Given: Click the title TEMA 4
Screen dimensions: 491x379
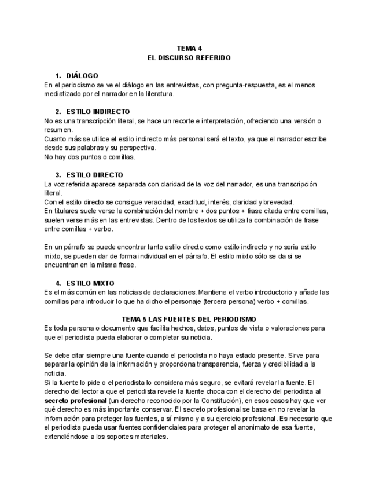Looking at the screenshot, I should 189,49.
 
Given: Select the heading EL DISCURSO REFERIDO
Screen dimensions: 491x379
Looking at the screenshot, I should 189,58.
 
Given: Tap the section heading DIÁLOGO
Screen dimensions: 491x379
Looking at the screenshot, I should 82,76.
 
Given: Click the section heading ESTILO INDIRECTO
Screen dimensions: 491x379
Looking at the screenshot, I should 98,111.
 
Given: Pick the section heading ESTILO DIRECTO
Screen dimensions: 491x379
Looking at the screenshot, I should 94,175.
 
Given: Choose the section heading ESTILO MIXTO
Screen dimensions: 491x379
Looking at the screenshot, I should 90,283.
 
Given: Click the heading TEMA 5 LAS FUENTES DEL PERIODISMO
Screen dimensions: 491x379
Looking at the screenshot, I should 189,319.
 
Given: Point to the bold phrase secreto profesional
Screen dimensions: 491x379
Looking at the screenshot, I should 75,400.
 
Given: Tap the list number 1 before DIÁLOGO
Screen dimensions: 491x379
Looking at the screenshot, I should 58,76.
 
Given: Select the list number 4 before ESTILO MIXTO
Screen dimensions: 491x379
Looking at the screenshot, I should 58,283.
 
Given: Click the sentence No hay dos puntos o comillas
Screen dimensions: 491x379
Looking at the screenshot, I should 90,156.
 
